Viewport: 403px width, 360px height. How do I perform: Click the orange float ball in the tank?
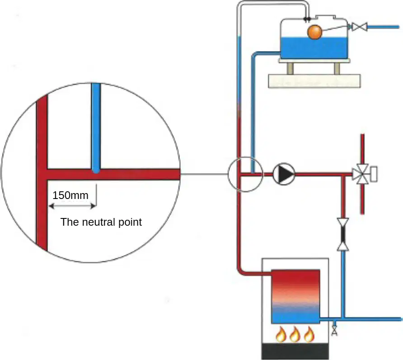(x=314, y=32)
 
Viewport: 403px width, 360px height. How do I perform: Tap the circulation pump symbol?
(x=284, y=174)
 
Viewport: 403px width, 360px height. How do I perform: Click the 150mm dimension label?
(x=70, y=195)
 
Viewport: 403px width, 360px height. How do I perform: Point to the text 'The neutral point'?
(x=101, y=222)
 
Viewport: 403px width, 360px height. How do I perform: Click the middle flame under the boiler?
(x=295, y=334)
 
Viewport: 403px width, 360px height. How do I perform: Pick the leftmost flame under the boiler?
(x=281, y=334)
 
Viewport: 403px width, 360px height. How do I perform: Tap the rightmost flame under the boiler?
(x=309, y=334)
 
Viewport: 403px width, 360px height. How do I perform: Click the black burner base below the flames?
(x=295, y=351)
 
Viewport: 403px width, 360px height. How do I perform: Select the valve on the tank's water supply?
(x=359, y=27)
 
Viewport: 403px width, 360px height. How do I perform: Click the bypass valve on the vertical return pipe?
(x=343, y=234)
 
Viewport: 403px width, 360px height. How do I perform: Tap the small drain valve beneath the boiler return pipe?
(x=334, y=331)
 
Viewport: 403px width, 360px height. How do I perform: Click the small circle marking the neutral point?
(x=245, y=174)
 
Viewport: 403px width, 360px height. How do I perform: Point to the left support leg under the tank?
(x=290, y=68)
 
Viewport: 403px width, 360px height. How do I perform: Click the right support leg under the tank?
(x=337, y=68)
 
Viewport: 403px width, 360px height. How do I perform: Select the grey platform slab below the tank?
(x=314, y=81)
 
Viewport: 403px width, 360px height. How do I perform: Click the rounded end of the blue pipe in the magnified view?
(x=96, y=171)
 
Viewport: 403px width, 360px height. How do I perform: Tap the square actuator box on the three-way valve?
(x=374, y=174)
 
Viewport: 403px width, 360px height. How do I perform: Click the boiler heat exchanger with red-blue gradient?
(x=295, y=296)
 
